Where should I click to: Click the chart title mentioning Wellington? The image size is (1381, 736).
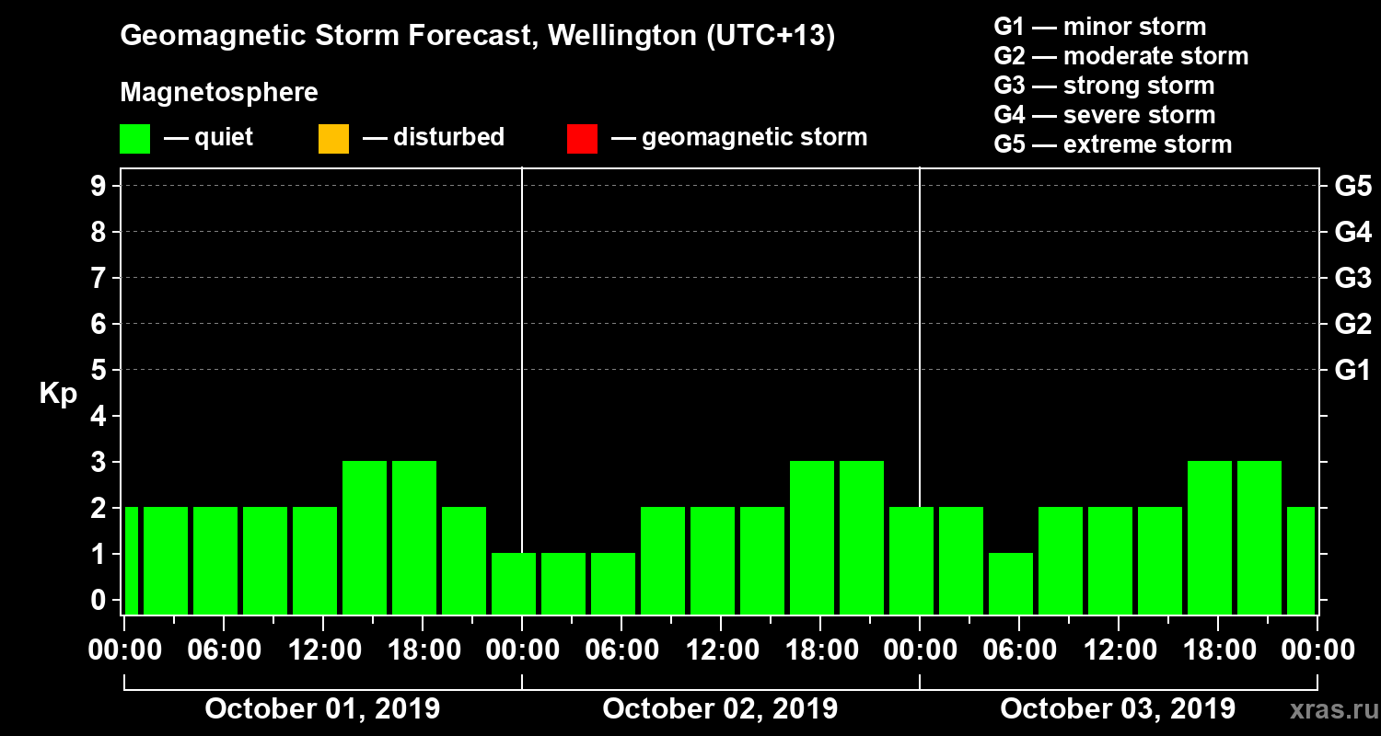click(x=477, y=37)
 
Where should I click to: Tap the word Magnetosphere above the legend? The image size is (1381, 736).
click(x=219, y=93)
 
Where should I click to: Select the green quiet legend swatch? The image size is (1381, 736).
click(x=134, y=139)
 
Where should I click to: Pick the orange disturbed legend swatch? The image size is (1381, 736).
click(x=333, y=139)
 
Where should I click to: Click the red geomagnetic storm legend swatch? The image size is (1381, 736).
click(x=582, y=139)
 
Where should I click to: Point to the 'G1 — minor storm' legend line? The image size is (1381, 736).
click(x=1100, y=27)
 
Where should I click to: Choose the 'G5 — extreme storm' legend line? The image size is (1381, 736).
click(x=1113, y=144)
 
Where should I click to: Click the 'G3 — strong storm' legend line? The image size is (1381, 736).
click(x=1104, y=86)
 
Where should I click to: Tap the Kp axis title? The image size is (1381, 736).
click(x=58, y=394)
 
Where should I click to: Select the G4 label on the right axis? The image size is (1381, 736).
click(x=1352, y=232)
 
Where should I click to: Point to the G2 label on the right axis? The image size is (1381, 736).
click(x=1352, y=324)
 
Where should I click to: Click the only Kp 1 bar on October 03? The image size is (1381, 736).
click(x=1011, y=583)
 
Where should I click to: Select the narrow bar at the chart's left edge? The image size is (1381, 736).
click(x=131, y=560)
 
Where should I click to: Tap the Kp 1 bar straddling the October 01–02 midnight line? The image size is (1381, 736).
click(x=514, y=583)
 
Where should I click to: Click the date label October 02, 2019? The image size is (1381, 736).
click(x=720, y=709)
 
